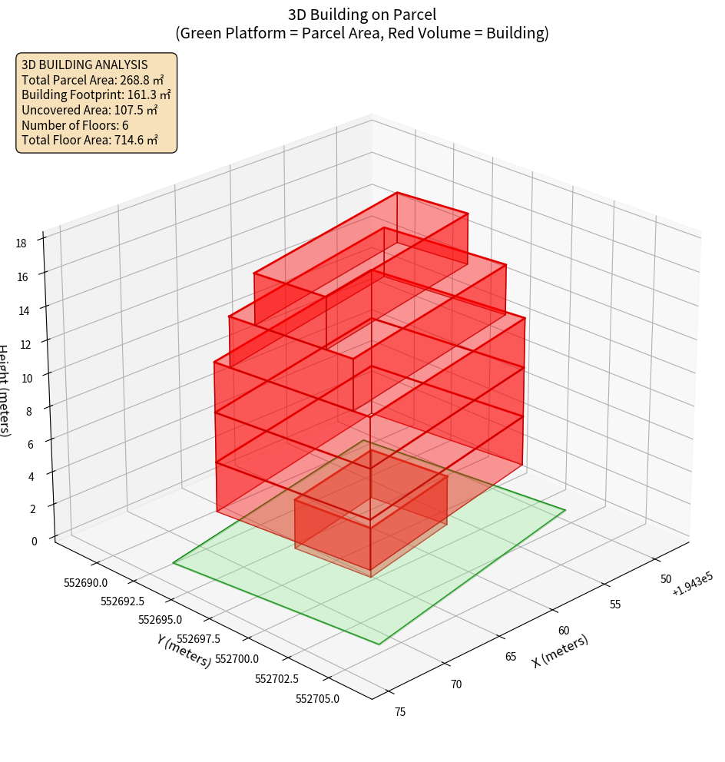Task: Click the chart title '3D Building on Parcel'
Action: (362, 15)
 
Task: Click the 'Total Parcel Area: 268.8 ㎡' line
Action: (93, 80)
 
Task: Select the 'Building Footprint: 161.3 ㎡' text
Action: (96, 94)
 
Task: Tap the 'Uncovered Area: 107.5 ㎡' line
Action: (93, 110)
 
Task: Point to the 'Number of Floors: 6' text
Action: (75, 125)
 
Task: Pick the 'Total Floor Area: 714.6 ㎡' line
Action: (90, 140)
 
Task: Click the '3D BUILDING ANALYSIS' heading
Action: (84, 65)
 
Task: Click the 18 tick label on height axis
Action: (21, 244)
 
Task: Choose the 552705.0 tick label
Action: (317, 698)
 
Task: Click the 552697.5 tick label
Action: (198, 639)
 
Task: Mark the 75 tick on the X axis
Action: (400, 712)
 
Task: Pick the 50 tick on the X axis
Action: (666, 579)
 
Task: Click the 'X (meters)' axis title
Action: (560, 651)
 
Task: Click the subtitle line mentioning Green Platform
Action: (362, 33)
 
